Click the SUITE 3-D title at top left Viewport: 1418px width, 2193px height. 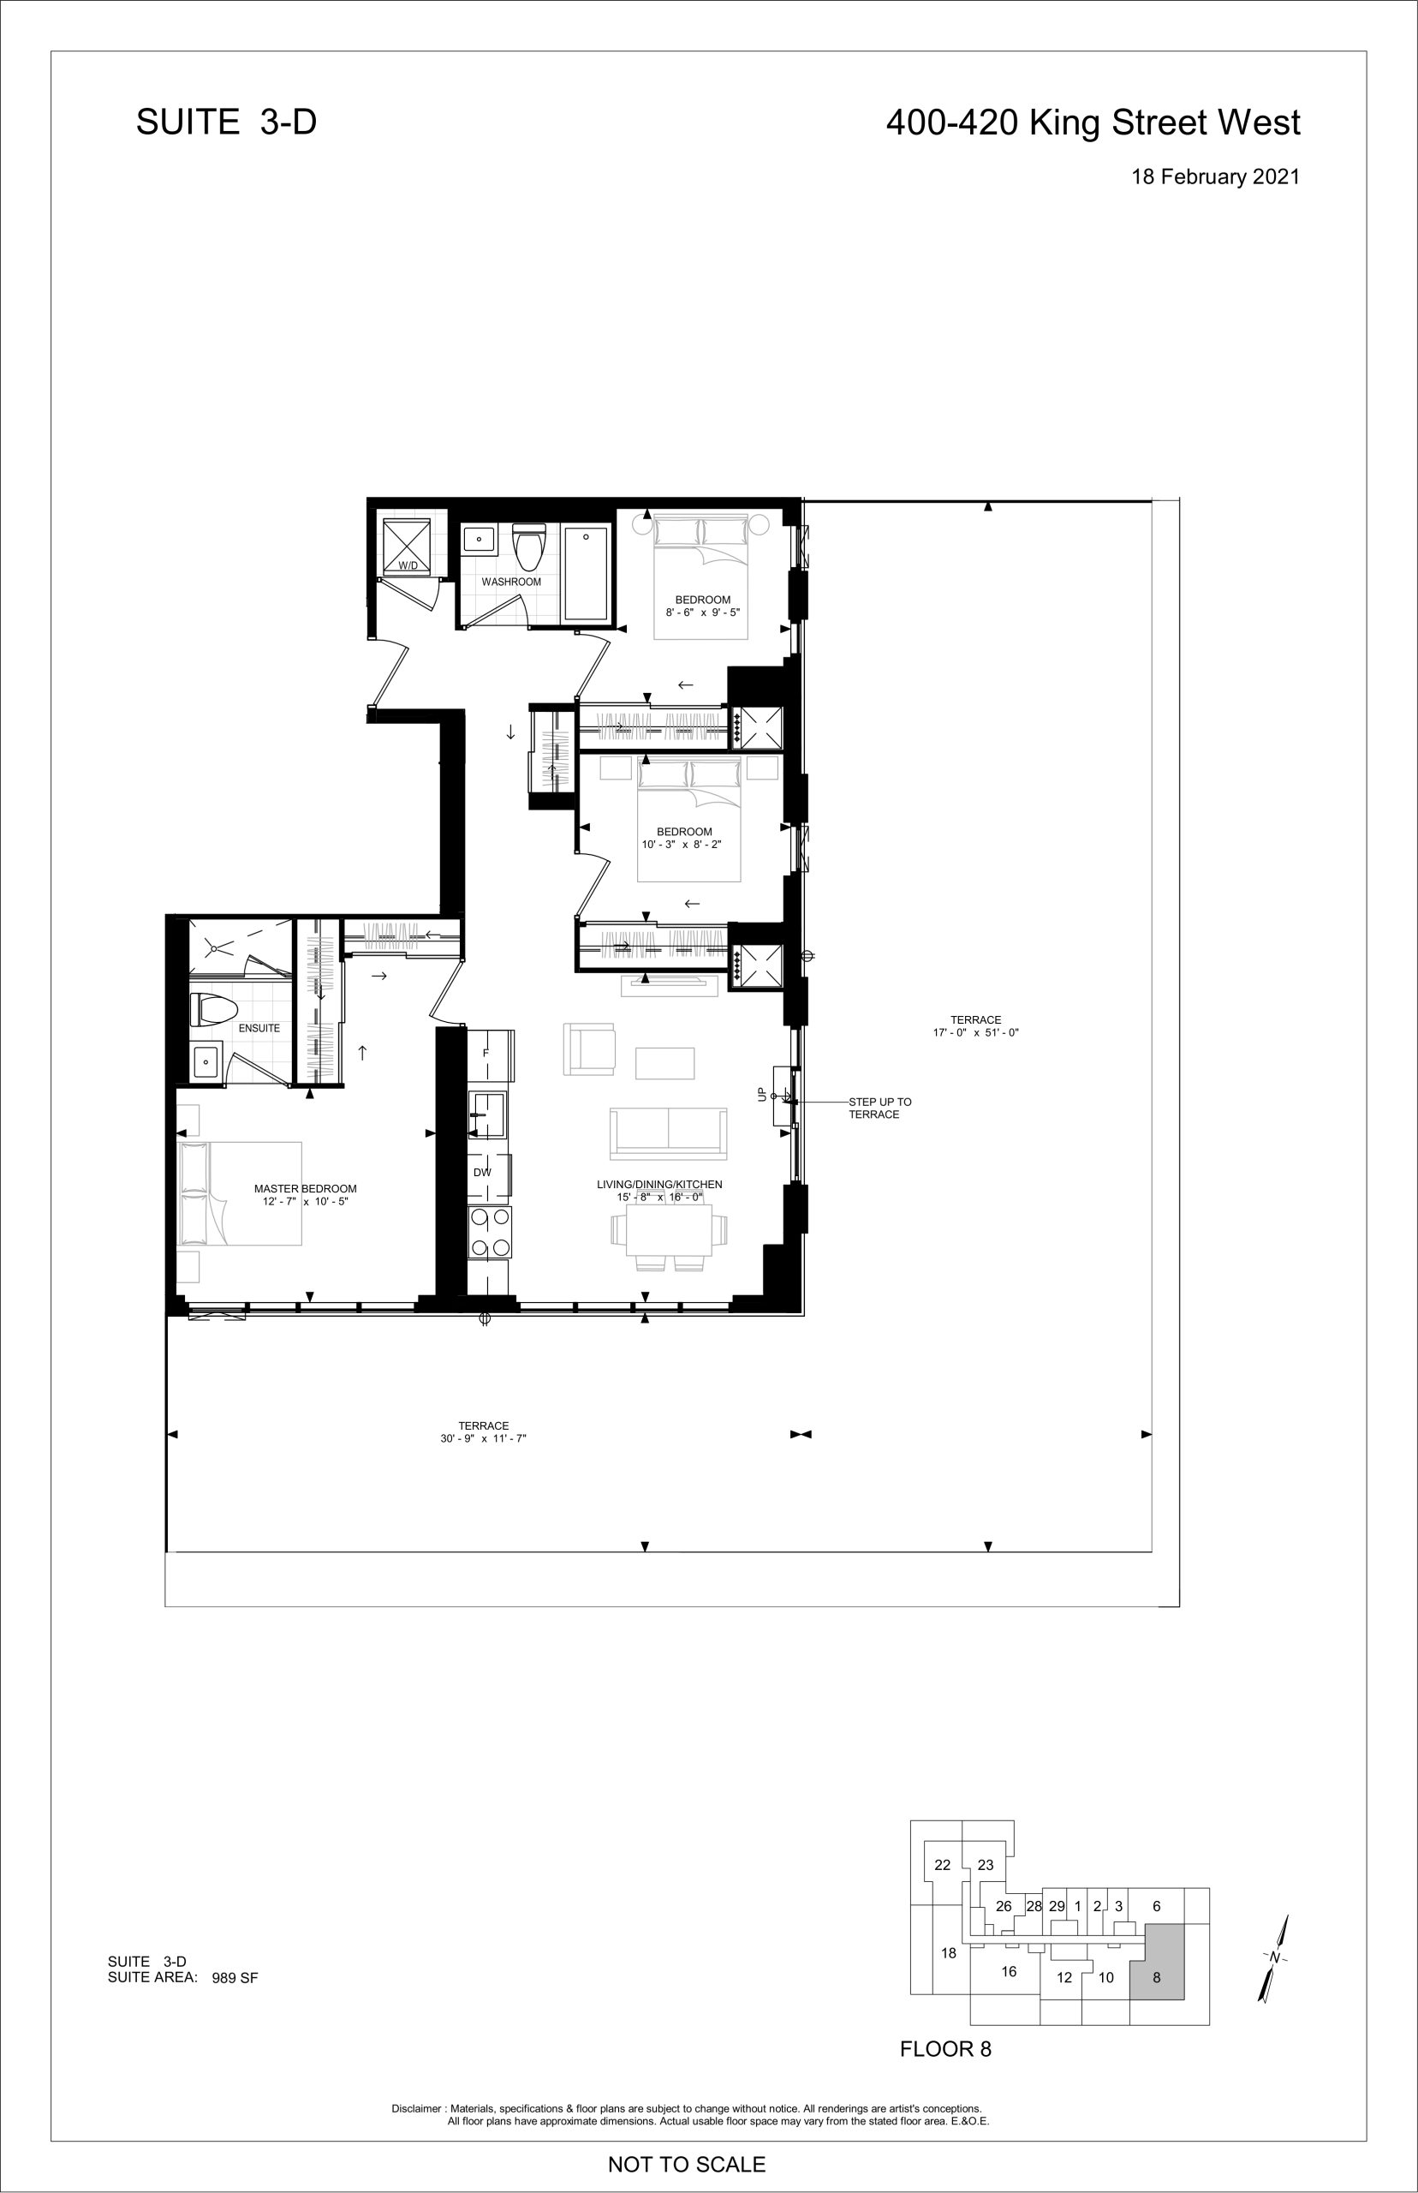(x=227, y=122)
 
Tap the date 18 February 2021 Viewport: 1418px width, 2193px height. (x=1215, y=176)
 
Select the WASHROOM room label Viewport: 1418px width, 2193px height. (x=511, y=583)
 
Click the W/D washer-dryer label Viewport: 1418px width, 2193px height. (x=408, y=565)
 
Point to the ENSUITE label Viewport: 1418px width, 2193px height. (x=259, y=1028)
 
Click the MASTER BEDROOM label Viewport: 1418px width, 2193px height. (x=306, y=1189)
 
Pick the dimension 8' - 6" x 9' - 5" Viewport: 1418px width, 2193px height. (x=702, y=612)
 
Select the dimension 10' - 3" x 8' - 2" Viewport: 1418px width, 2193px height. (x=682, y=845)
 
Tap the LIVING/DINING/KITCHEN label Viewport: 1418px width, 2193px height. (x=659, y=1185)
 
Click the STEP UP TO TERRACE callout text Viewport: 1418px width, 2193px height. (x=880, y=1108)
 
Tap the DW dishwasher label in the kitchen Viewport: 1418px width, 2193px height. (x=482, y=1173)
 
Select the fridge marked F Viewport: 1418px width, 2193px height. (x=489, y=1054)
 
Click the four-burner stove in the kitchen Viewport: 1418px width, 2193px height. (x=490, y=1232)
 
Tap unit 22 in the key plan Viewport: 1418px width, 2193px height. (x=942, y=1865)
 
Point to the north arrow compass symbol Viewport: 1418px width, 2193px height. (x=1273, y=1958)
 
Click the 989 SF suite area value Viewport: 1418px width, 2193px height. (x=235, y=1977)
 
